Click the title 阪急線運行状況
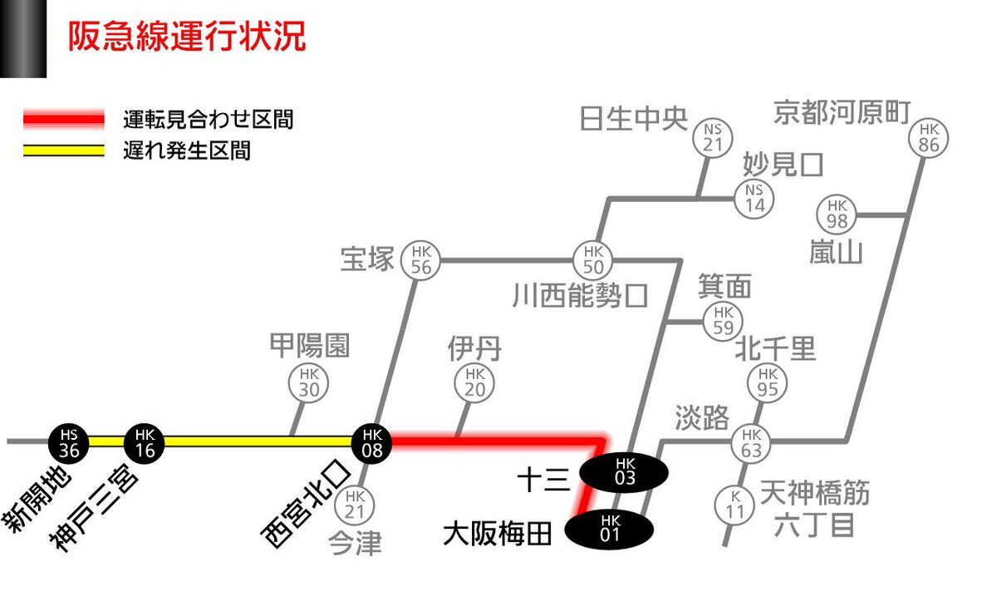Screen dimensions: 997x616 (x=187, y=36)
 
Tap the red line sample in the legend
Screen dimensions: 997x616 (x=64, y=119)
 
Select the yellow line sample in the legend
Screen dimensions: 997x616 (x=64, y=150)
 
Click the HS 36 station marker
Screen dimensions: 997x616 (x=68, y=443)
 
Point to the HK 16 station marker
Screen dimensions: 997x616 (x=145, y=443)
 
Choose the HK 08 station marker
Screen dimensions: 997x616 (x=372, y=443)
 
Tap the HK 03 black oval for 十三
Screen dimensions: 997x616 (x=624, y=472)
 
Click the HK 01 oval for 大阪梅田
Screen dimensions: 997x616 (x=609, y=530)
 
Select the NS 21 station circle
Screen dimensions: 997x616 (x=713, y=138)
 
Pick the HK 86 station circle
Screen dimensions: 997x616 (x=929, y=138)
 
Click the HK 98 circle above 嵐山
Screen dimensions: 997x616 (x=837, y=214)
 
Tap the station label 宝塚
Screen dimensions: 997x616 (x=367, y=259)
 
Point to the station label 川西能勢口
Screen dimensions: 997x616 (x=580, y=295)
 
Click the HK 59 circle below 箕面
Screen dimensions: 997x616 (x=724, y=321)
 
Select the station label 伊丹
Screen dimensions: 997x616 (x=474, y=349)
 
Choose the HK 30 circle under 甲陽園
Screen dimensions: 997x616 (x=308, y=383)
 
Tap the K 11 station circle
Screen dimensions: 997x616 (x=734, y=505)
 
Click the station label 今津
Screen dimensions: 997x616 (x=356, y=544)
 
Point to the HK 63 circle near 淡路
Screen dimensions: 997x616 (x=751, y=443)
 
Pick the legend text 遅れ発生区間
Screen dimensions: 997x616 (x=187, y=150)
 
